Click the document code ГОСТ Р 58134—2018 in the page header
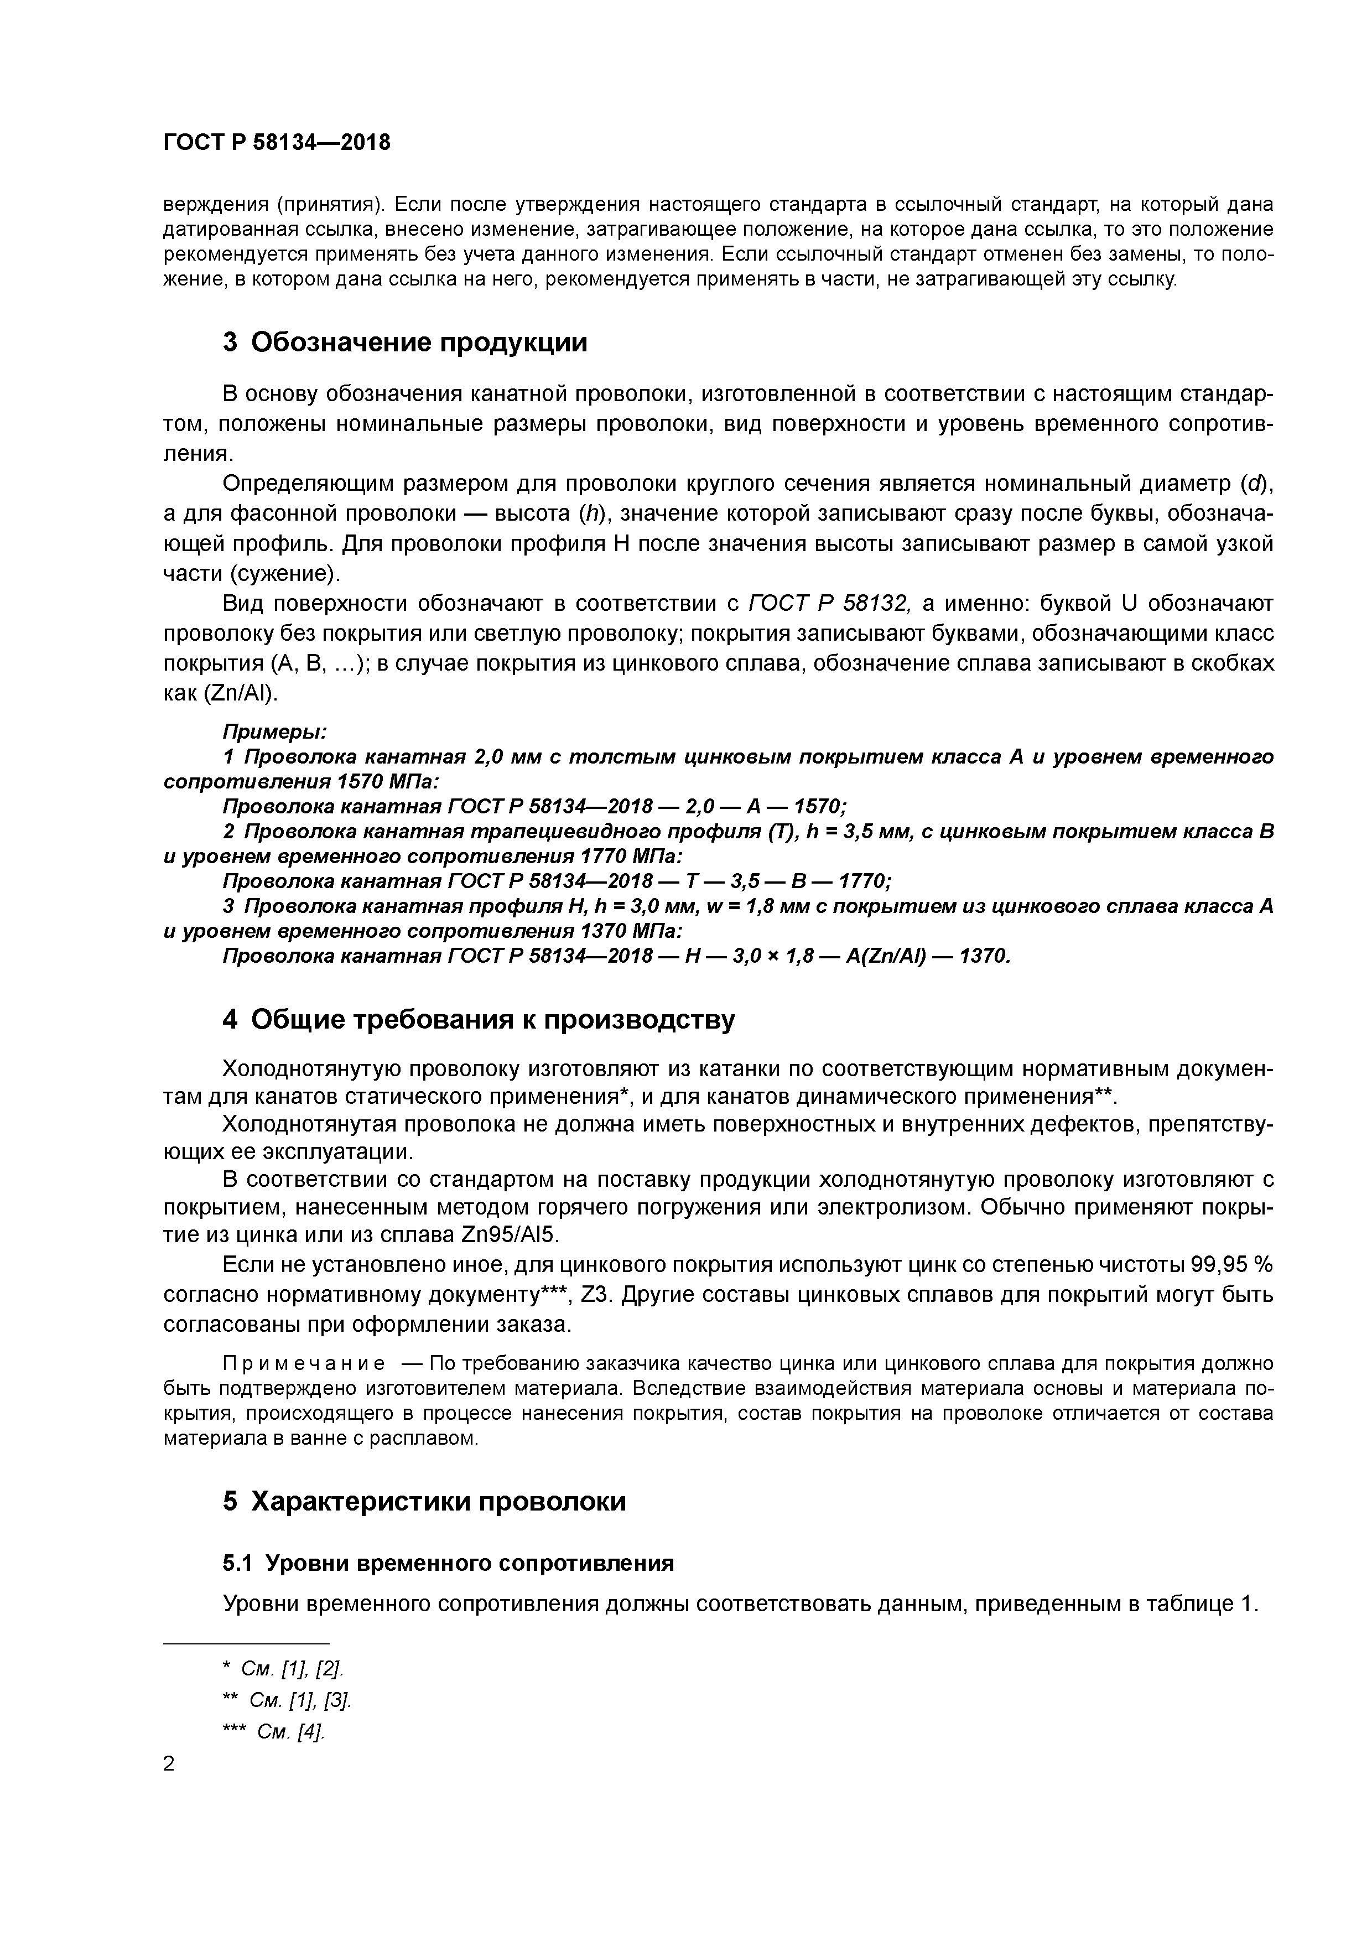[x=277, y=143]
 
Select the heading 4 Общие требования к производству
[x=479, y=1020]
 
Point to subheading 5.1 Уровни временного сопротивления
[x=448, y=1563]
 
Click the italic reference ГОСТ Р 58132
[x=828, y=604]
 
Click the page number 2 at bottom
[x=169, y=1763]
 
